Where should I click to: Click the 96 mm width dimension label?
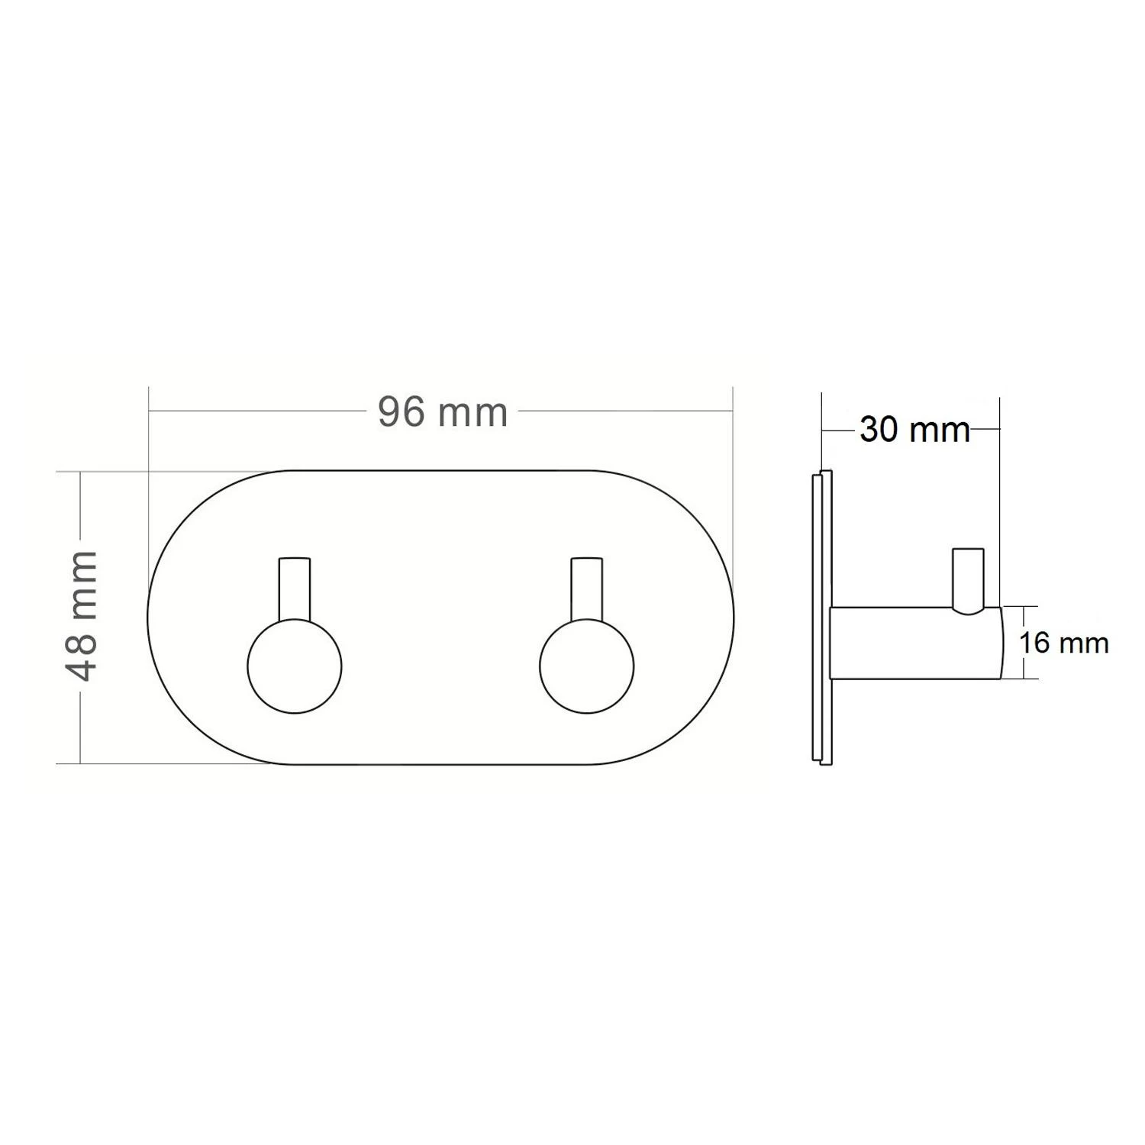[x=443, y=413]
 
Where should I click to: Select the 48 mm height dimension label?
[x=82, y=615]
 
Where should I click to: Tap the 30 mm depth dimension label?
[x=914, y=430]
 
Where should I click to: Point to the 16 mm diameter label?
[x=1063, y=643]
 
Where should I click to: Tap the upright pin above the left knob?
[x=295, y=588]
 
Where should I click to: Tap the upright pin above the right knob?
[x=586, y=588]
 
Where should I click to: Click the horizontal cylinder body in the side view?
[x=908, y=643]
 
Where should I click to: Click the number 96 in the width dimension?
[x=402, y=413]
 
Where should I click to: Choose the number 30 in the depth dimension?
[x=879, y=430]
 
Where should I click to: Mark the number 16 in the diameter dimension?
[x=1035, y=643]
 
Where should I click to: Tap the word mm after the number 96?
[x=473, y=413]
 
